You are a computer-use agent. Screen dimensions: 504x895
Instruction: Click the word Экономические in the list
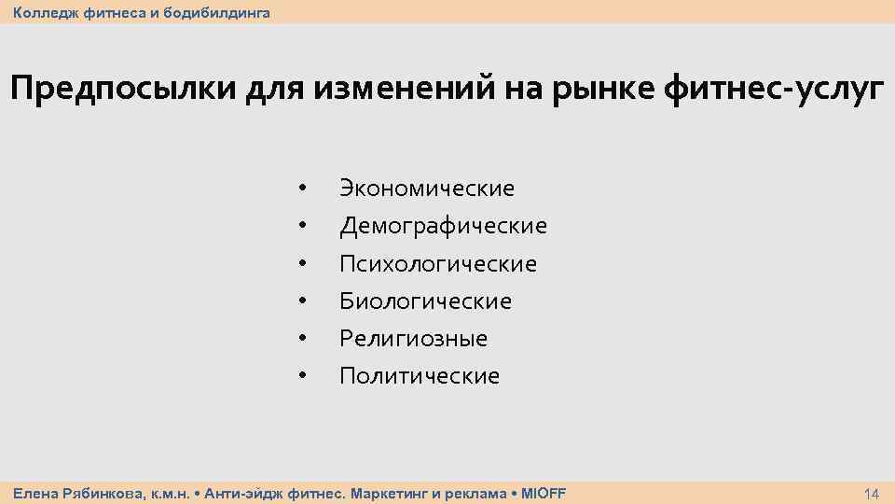pyautogui.click(x=426, y=189)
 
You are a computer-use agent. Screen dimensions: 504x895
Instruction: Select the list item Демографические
pyautogui.click(x=443, y=226)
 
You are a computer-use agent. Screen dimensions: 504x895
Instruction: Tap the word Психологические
pyautogui.click(x=437, y=264)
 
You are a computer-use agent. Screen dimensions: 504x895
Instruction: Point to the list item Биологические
pyautogui.click(x=425, y=301)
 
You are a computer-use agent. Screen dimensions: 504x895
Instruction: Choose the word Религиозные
pyautogui.click(x=413, y=339)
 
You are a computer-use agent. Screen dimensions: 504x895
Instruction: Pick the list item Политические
pyautogui.click(x=420, y=376)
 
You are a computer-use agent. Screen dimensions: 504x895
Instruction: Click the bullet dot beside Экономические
pyautogui.click(x=302, y=189)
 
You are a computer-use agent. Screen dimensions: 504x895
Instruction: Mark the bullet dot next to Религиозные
pyautogui.click(x=302, y=339)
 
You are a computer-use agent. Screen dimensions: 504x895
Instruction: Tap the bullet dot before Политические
pyautogui.click(x=302, y=376)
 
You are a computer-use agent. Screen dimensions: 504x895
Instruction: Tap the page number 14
pyautogui.click(x=872, y=493)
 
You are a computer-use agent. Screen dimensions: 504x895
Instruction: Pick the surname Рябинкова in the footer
pyautogui.click(x=103, y=493)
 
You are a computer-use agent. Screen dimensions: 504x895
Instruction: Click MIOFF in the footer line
pyautogui.click(x=543, y=493)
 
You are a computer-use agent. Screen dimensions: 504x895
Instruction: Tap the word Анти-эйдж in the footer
pyautogui.click(x=239, y=493)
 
